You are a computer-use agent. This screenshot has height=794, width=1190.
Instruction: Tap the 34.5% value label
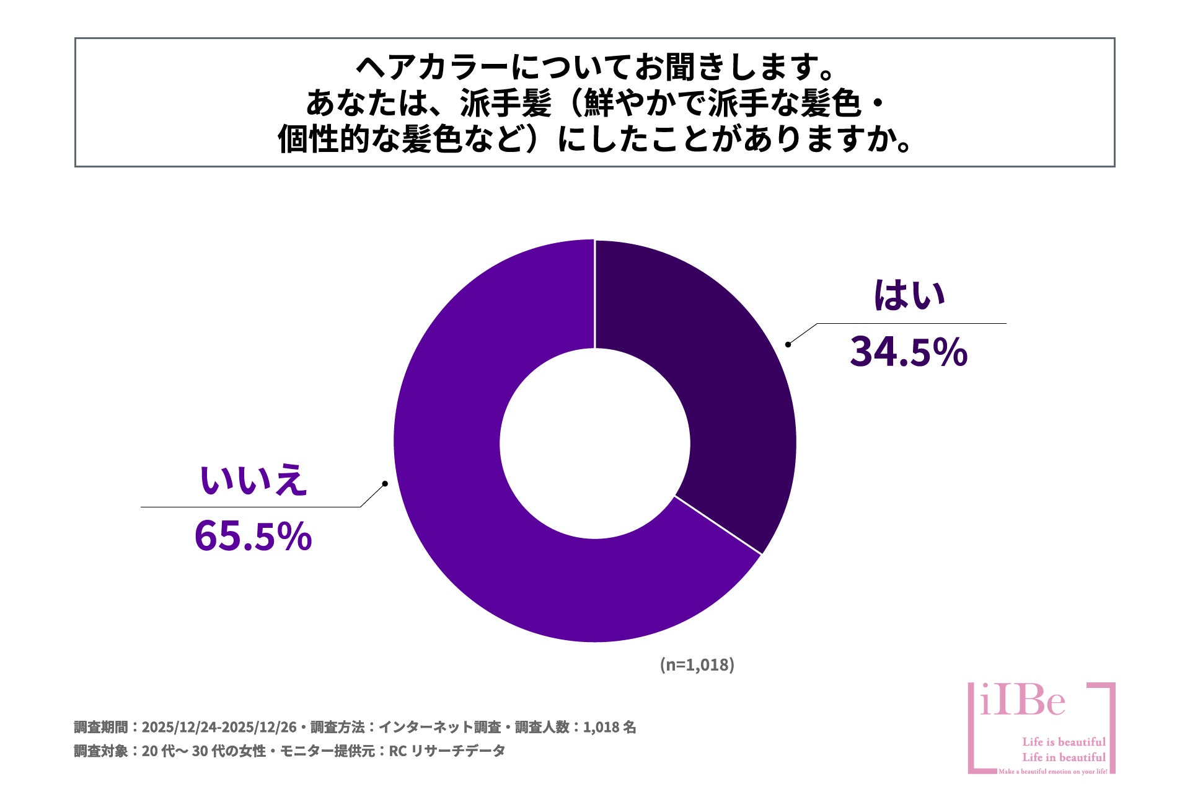tap(908, 352)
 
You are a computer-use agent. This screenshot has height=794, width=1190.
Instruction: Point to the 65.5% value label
tap(253, 536)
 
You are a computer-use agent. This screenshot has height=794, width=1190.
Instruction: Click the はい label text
tap(909, 296)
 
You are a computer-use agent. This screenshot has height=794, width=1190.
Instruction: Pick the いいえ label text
tap(253, 481)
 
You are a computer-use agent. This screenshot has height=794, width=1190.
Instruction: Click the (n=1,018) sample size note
tap(697, 664)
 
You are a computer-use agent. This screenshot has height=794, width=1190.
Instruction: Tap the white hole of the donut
tap(595, 443)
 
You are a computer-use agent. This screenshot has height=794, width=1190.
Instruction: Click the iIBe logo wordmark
tap(1023, 702)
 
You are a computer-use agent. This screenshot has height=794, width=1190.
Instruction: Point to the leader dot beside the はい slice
tap(788, 344)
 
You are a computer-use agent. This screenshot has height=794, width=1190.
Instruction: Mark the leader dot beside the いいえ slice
tap(385, 483)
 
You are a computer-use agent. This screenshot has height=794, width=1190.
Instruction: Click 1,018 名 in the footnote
tap(609, 727)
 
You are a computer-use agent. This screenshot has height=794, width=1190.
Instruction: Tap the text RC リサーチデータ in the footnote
tap(447, 751)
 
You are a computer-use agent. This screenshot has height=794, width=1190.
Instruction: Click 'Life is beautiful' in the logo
tap(1064, 742)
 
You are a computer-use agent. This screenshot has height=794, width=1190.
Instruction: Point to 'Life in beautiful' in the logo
tap(1064, 757)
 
